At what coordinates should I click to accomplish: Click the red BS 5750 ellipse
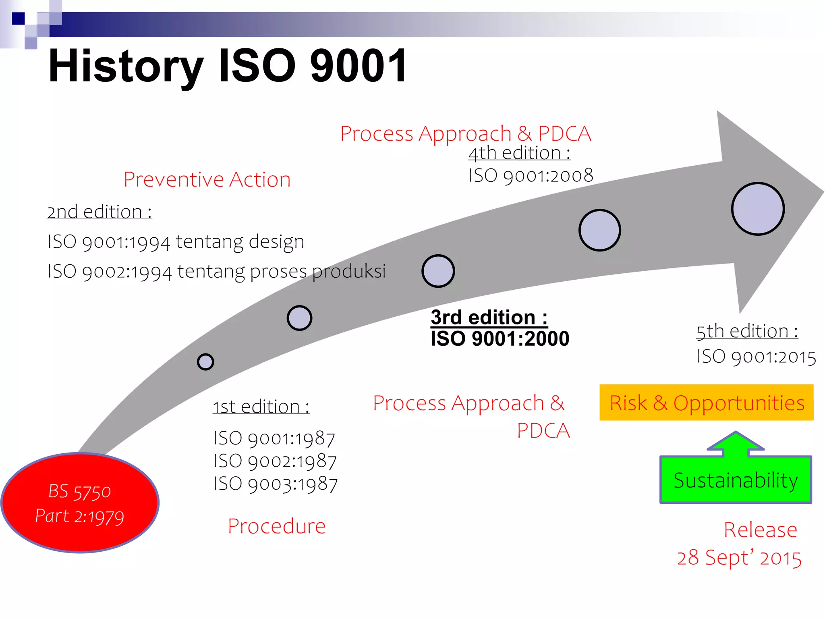pyautogui.click(x=80, y=503)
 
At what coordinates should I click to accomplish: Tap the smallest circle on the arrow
pyautogui.click(x=205, y=361)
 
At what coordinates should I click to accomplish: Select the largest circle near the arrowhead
pyautogui.click(x=758, y=209)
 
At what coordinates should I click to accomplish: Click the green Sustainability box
pyautogui.click(x=736, y=480)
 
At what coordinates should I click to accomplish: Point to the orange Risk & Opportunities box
pyautogui.click(x=706, y=403)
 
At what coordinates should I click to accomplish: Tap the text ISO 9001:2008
pyautogui.click(x=531, y=176)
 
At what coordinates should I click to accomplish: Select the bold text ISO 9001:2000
pyautogui.click(x=500, y=339)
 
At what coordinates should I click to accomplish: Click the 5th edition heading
pyautogui.click(x=747, y=331)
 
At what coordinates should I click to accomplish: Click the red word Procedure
pyautogui.click(x=276, y=526)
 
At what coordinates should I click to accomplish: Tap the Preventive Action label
pyautogui.click(x=207, y=179)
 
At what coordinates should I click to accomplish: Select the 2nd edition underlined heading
pyautogui.click(x=99, y=212)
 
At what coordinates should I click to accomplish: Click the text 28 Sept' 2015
pyautogui.click(x=739, y=558)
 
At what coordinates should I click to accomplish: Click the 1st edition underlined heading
pyautogui.click(x=261, y=407)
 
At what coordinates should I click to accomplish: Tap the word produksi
pyautogui.click(x=349, y=271)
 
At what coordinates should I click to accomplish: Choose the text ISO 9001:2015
pyautogui.click(x=756, y=357)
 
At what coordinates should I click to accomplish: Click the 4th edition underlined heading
pyautogui.click(x=519, y=153)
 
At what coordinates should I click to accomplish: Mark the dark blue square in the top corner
pyautogui.click(x=18, y=19)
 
